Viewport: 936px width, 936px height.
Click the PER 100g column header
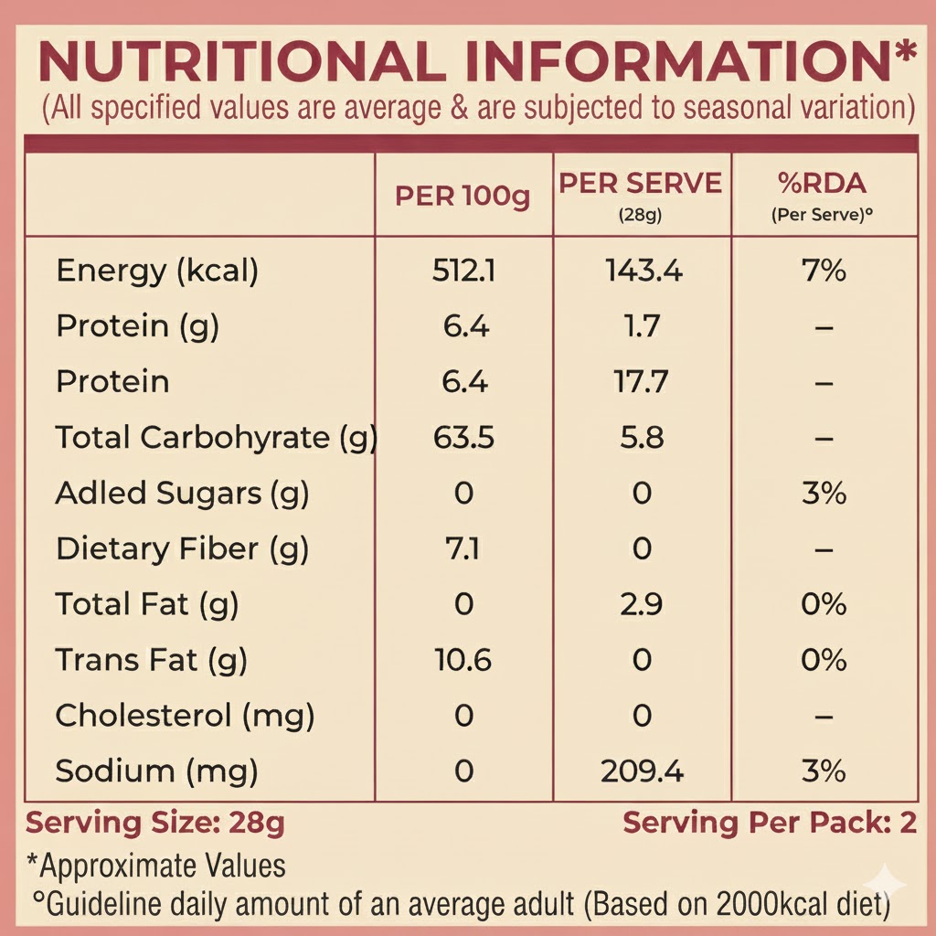click(463, 197)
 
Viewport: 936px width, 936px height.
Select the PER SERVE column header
click(641, 184)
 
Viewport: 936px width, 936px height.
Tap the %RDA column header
click(822, 184)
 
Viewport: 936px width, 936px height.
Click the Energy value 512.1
click(463, 271)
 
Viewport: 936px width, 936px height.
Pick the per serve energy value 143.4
click(643, 271)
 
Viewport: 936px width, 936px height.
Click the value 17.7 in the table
click(642, 381)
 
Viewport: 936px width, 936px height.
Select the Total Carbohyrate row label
click(217, 438)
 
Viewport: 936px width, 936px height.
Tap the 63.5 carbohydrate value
click(463, 438)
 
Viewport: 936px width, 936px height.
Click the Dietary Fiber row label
click(183, 549)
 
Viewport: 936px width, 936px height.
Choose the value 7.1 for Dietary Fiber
click(463, 549)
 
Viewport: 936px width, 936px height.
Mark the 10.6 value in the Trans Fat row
click(463, 660)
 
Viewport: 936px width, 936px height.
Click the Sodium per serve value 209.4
click(643, 771)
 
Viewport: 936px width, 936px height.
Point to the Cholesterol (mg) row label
click(185, 716)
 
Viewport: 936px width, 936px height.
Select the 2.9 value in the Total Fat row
click(642, 604)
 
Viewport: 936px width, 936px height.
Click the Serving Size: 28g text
click(155, 823)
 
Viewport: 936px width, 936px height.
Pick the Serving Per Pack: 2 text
click(770, 823)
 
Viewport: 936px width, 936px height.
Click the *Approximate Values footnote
click(156, 866)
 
